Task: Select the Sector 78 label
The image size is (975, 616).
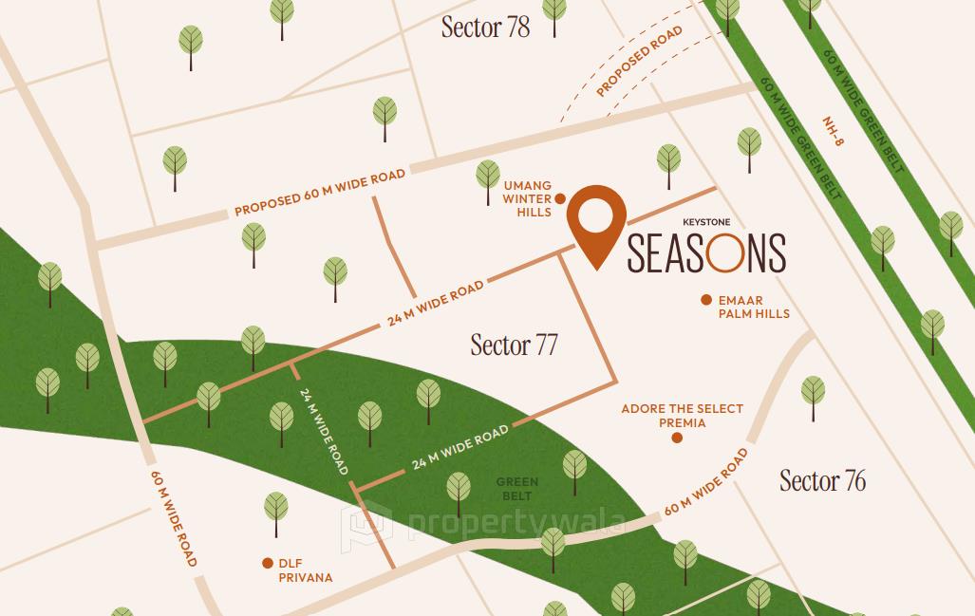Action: [x=485, y=28]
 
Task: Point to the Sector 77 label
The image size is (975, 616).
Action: [x=514, y=345]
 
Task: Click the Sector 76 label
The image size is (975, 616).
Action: [x=822, y=480]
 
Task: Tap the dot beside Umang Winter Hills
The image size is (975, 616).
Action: [x=560, y=198]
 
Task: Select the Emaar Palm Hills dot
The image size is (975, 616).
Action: [x=706, y=300]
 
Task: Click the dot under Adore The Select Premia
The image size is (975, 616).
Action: [x=677, y=438]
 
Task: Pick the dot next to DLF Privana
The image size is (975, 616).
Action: [x=268, y=563]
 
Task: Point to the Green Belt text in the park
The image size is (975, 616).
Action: [x=517, y=489]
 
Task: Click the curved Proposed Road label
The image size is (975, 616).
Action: [x=639, y=62]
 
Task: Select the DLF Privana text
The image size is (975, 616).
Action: [x=305, y=569]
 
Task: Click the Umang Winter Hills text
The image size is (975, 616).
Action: [x=527, y=199]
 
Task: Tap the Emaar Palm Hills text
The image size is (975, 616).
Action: [x=754, y=307]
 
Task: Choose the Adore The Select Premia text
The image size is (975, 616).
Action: [x=682, y=416]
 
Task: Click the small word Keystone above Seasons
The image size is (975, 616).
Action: [x=705, y=222]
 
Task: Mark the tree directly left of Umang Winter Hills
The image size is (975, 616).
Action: [x=488, y=177]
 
